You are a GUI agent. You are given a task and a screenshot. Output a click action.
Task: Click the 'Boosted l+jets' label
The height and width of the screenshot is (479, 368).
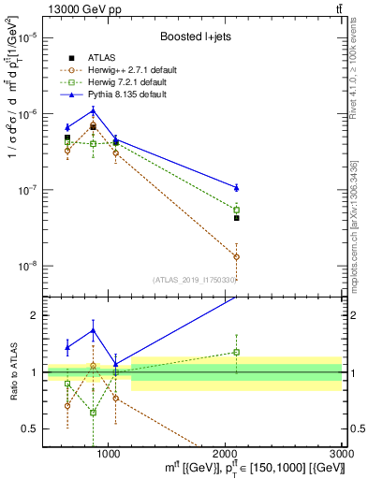coord(196,36)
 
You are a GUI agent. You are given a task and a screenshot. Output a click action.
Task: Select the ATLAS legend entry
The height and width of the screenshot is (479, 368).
coord(98,57)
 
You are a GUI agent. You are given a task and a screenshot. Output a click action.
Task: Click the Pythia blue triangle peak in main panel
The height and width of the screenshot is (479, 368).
coord(93,110)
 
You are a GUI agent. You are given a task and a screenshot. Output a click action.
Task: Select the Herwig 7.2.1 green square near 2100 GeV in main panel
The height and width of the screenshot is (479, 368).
coord(237,210)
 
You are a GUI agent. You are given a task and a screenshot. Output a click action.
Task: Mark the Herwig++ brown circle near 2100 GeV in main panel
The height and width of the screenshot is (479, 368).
coord(237,256)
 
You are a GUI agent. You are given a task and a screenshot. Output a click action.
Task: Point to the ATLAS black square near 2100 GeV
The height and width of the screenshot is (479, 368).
coord(237,218)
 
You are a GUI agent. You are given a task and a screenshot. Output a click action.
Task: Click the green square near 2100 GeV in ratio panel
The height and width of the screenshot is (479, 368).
coord(237,352)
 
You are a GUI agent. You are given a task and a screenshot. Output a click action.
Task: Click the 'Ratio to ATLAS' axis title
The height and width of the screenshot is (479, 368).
coord(10,372)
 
